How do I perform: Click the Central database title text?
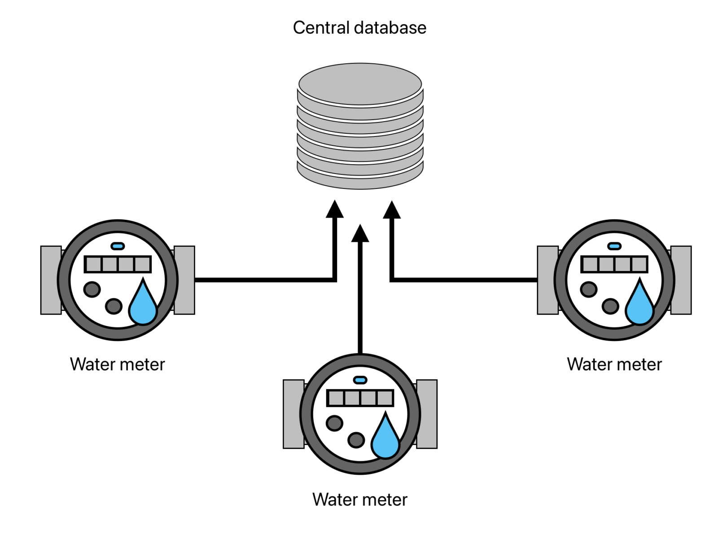pos(359,28)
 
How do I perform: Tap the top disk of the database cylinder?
pos(360,84)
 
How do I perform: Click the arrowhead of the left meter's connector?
pos(334,210)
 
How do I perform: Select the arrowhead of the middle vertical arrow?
pos(360,233)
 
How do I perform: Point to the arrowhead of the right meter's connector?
pos(392,210)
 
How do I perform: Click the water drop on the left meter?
pos(143,304)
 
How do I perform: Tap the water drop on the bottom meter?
pos(385,438)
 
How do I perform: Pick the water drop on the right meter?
pos(640,304)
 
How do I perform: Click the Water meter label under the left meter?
pos(118,364)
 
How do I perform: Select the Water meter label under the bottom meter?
pos(360,499)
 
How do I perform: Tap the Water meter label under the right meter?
pos(614,364)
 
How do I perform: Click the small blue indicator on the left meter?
pos(118,246)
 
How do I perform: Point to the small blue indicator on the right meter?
pos(614,246)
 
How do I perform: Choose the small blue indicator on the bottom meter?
pos(360,380)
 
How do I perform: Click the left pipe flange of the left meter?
pos(51,280)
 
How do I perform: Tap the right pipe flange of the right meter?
pos(681,280)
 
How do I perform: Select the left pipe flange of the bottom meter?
pos(293,414)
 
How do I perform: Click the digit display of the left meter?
pos(118,264)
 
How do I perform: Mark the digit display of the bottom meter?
pos(360,398)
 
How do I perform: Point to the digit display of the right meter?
pos(614,264)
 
